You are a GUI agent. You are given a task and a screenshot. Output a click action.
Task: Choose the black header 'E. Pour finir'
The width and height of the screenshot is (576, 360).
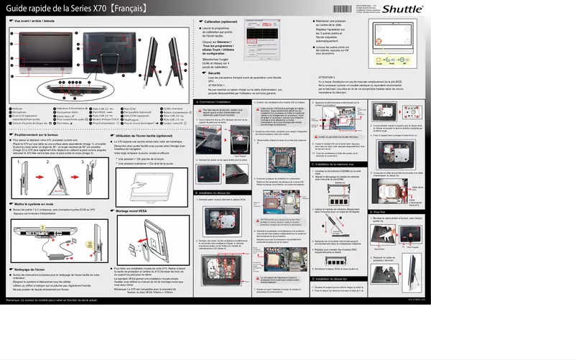379,212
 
